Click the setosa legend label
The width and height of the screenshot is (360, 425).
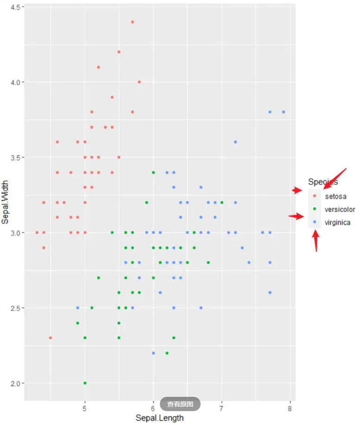335,197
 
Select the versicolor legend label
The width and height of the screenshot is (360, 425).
340,209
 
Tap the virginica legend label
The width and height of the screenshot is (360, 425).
337,222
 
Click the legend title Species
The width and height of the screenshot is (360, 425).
323,182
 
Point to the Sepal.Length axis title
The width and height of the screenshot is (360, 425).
159,418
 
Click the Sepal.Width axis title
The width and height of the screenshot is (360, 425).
6,203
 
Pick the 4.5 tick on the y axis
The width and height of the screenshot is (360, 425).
14,7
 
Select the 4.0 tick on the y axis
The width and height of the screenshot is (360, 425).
14,82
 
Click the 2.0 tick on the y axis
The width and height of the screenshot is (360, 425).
14,383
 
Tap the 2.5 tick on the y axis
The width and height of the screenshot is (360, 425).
14,308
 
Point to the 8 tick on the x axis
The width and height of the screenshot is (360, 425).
290,409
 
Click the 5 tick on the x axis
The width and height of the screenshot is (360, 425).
85,409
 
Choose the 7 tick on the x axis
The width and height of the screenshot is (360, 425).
221,409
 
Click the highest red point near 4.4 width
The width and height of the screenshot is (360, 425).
133,22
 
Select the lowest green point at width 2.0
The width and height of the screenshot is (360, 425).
85,383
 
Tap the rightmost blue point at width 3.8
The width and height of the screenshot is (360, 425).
284,112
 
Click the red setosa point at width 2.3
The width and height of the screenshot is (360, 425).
51,338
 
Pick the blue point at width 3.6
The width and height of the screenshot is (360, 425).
235,142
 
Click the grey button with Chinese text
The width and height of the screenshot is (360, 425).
180,404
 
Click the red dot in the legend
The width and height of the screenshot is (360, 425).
315,197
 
